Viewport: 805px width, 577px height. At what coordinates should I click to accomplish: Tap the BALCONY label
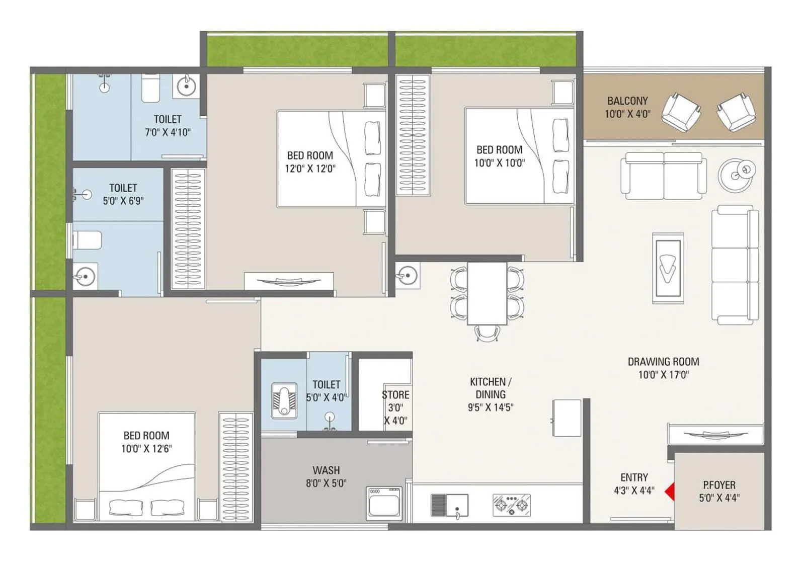pyautogui.click(x=627, y=101)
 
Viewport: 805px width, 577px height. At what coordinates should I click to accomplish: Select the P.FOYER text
pyautogui.click(x=719, y=485)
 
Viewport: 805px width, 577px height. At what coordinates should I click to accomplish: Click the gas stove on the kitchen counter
pyautogui.click(x=512, y=505)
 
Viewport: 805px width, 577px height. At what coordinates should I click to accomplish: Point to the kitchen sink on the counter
pyautogui.click(x=449, y=505)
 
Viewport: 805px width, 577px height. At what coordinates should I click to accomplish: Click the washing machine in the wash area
pyautogui.click(x=384, y=503)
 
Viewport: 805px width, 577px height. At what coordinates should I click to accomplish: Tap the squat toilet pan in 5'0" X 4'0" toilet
pyautogui.click(x=284, y=401)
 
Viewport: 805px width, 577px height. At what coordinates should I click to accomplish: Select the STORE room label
pyautogui.click(x=395, y=395)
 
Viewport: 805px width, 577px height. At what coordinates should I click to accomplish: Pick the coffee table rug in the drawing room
pyautogui.click(x=668, y=268)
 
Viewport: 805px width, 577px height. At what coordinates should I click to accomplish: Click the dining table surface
pyautogui.click(x=487, y=293)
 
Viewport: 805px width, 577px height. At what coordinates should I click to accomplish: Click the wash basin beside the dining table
pyautogui.click(x=407, y=276)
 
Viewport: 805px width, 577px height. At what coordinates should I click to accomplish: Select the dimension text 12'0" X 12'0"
pyautogui.click(x=310, y=169)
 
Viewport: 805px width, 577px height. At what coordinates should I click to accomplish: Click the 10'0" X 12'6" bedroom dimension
pyautogui.click(x=146, y=448)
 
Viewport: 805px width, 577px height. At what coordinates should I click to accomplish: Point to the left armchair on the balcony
pyautogui.click(x=680, y=112)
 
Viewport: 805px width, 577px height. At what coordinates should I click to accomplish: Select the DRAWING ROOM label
pyautogui.click(x=663, y=362)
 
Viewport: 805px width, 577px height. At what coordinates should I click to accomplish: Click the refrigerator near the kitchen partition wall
pyautogui.click(x=567, y=418)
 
